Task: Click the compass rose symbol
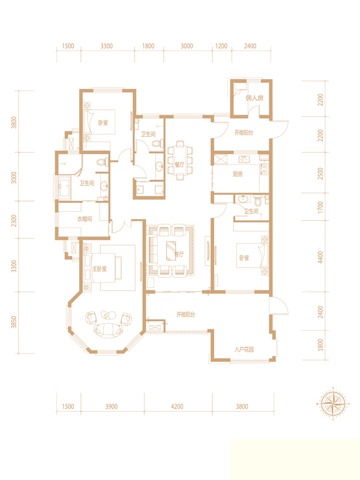coord(334,403)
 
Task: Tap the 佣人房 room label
coord(254,98)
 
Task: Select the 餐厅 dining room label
coord(179,164)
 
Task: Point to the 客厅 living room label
coord(179,254)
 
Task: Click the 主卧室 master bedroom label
coord(100,269)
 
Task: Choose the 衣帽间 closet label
coord(84,219)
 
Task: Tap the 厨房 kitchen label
coord(238,174)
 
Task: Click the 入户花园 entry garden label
coord(244,349)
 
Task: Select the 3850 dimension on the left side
coord(14,322)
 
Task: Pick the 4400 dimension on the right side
coord(320,257)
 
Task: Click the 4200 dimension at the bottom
coord(177,407)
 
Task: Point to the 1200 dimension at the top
coord(221,46)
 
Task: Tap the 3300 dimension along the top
coord(107,46)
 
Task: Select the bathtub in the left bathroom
coord(65,187)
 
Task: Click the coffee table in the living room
coord(173,251)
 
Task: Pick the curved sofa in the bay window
coord(109,329)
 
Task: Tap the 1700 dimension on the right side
coord(320,207)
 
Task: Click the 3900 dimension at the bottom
coord(112,407)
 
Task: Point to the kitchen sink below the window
coord(244,159)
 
